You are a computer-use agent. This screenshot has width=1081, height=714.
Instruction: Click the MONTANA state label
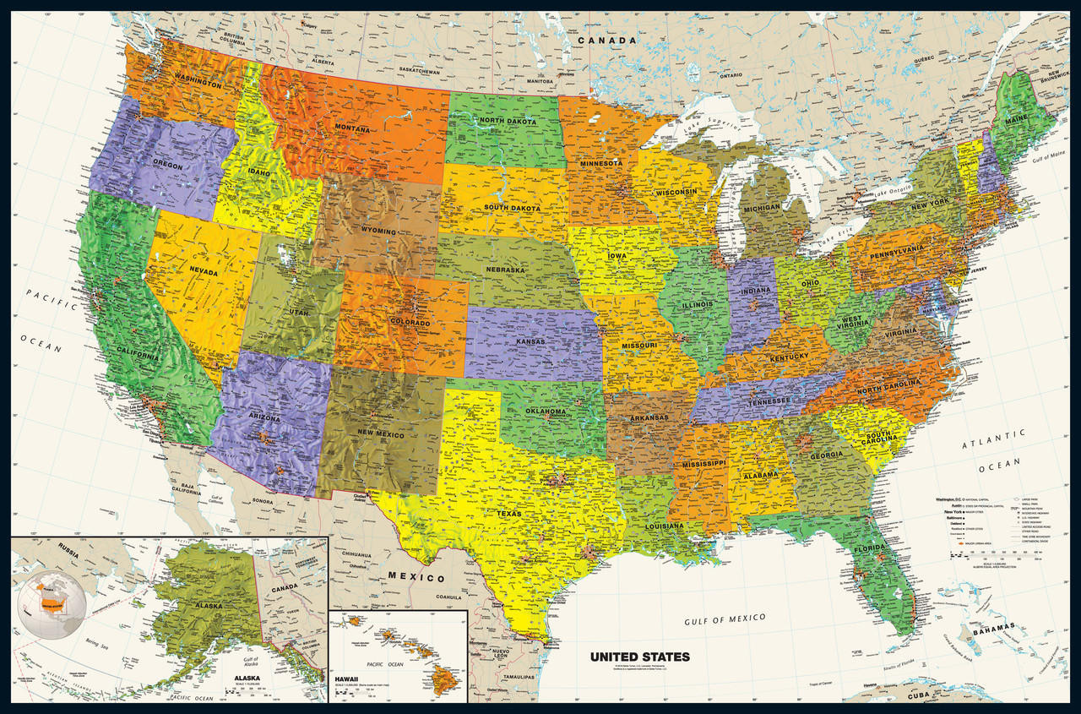coord(351,129)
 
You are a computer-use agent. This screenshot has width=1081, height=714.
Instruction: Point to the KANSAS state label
coord(531,341)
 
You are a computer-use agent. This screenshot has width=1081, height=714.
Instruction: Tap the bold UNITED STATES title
coord(639,657)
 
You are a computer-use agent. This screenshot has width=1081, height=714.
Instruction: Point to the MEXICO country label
coord(416,578)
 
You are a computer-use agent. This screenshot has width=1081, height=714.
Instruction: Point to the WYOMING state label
coord(374,231)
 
